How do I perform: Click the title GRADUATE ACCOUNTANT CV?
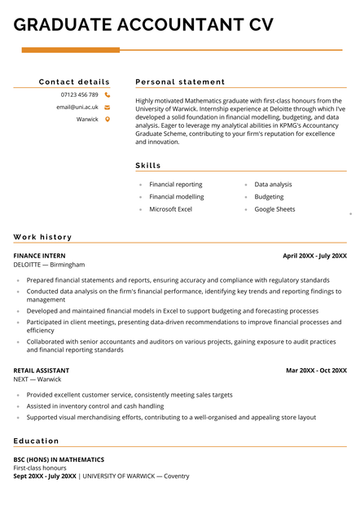(143, 24)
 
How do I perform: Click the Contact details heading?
(74, 81)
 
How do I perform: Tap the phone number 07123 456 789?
(79, 94)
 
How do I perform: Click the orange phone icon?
(108, 94)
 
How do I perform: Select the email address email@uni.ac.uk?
(77, 107)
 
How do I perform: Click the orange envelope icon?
(108, 107)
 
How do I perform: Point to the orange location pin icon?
(108, 119)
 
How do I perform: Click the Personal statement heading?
(180, 81)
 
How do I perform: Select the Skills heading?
(148, 165)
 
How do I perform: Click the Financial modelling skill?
(176, 196)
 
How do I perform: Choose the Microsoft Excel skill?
(170, 209)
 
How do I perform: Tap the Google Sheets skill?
(274, 209)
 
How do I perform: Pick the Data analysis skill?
(273, 184)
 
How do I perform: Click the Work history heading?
(42, 237)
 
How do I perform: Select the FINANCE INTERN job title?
(40, 256)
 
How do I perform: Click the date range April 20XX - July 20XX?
(314, 256)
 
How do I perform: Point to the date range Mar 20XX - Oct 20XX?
(316, 370)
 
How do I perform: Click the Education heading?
(36, 441)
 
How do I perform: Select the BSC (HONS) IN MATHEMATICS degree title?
(59, 459)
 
